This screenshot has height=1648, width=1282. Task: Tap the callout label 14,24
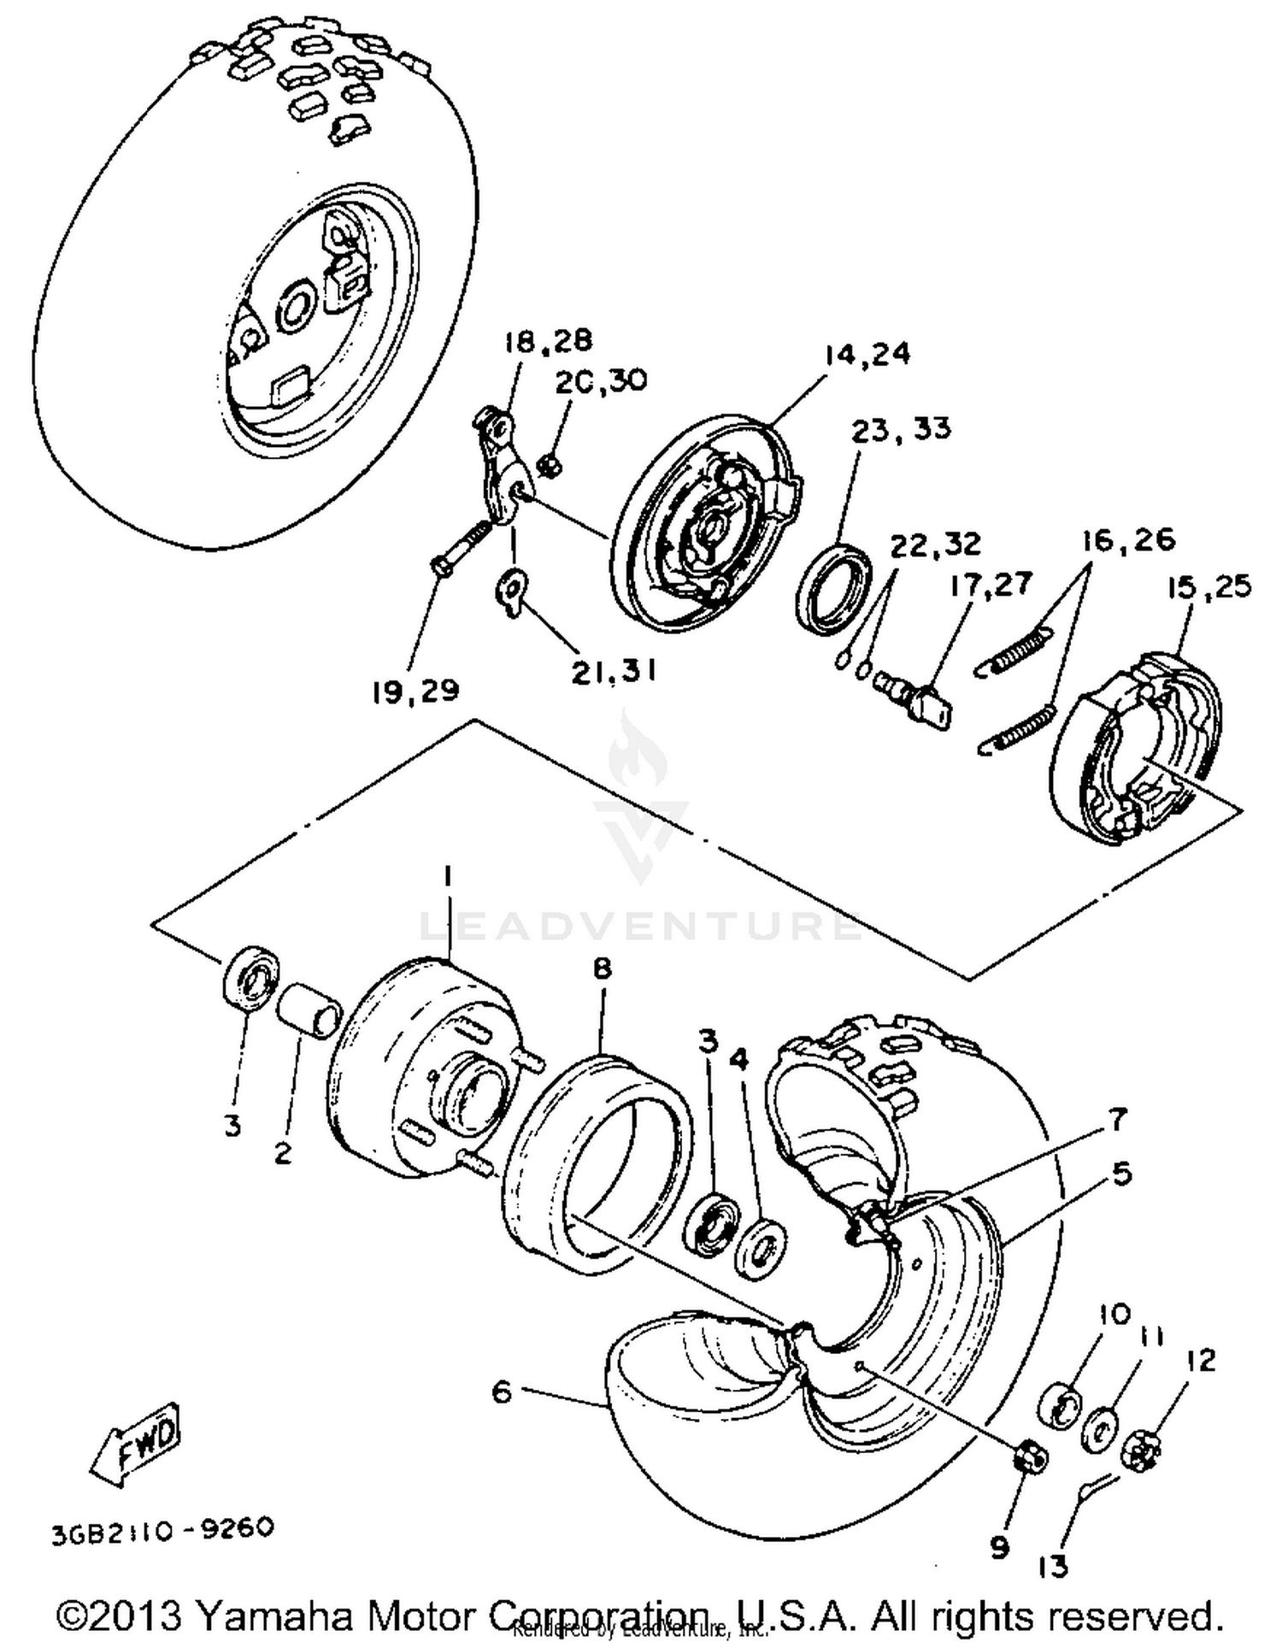pos(867,353)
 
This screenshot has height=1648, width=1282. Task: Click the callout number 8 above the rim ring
pos(603,968)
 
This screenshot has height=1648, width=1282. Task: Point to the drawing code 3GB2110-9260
pos(162,1527)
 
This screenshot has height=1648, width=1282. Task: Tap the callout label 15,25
pos(1208,587)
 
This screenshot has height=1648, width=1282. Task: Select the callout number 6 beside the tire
pos(502,1392)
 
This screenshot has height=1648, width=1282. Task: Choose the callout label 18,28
pos(547,341)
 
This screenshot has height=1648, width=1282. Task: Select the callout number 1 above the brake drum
pos(448,876)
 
